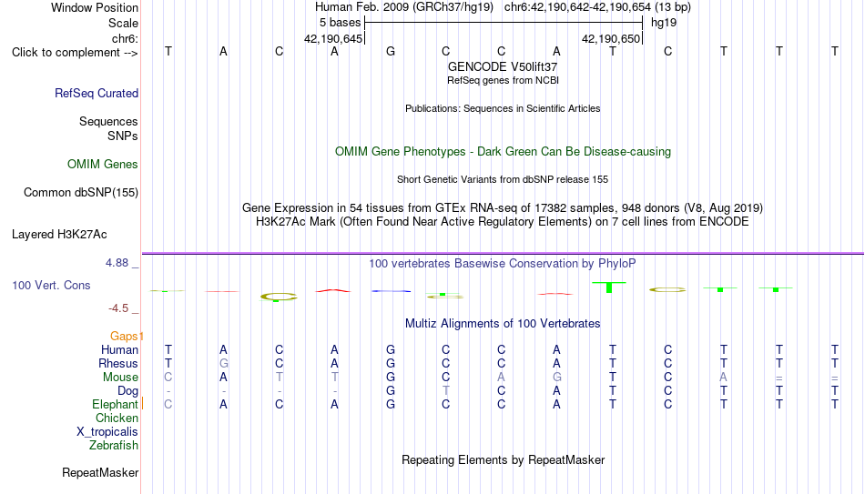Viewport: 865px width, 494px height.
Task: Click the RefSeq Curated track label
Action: coord(97,93)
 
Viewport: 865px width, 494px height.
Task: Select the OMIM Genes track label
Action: coord(103,165)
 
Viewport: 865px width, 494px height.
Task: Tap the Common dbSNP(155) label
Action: coord(81,193)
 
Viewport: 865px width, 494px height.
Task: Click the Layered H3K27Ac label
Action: coord(59,235)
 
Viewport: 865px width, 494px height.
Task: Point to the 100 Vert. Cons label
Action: coord(51,285)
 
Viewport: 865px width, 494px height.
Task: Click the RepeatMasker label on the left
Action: coord(100,472)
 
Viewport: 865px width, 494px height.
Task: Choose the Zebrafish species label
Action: coord(114,445)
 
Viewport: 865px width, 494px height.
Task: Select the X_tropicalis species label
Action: coord(107,432)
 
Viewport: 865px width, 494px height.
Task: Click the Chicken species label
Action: coord(117,418)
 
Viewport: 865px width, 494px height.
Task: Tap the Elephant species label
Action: coord(116,404)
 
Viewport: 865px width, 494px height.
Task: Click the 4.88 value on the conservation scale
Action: coord(117,263)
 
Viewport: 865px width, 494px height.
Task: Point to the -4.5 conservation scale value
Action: coord(118,308)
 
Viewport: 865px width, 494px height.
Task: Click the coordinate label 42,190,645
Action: coord(333,38)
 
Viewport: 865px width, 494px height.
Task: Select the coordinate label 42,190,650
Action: coord(611,38)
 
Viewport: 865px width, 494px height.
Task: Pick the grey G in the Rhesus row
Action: coord(223,363)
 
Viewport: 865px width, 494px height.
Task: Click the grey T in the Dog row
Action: coord(446,391)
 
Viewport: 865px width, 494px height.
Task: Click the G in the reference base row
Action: coord(391,51)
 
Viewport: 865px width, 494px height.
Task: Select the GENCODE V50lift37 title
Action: coord(503,66)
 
